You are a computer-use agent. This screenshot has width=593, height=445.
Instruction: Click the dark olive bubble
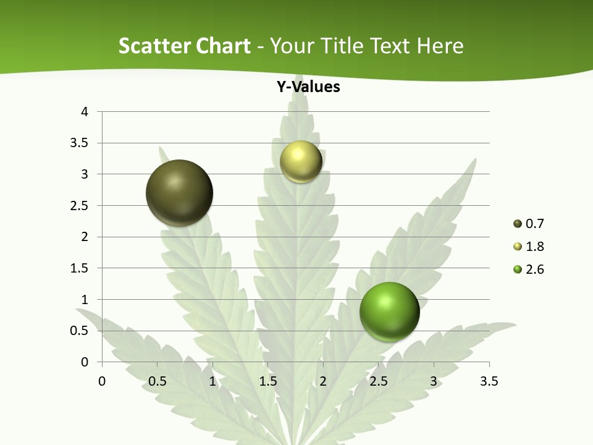(180, 193)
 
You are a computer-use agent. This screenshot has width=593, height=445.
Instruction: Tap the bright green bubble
(390, 311)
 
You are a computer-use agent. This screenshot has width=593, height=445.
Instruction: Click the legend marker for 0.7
(517, 224)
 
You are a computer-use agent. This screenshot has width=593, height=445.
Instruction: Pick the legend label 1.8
(534, 247)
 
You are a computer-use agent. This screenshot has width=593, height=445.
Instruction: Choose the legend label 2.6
(534, 269)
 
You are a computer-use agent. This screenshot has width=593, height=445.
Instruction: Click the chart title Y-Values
(308, 87)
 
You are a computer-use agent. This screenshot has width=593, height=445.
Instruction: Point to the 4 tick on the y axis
(85, 112)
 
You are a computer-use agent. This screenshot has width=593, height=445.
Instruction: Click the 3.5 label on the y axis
(80, 143)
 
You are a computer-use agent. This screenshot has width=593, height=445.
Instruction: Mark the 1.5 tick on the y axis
(80, 268)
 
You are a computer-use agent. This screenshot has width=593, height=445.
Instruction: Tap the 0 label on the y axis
(85, 362)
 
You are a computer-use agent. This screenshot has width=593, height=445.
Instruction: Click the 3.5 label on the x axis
(489, 381)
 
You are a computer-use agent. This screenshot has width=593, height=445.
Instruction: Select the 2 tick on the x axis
(323, 381)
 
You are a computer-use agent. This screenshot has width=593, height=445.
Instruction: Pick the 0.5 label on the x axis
(157, 381)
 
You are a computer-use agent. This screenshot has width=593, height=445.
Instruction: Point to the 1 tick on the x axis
(212, 381)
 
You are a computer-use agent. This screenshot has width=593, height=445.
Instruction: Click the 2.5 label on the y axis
(80, 205)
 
